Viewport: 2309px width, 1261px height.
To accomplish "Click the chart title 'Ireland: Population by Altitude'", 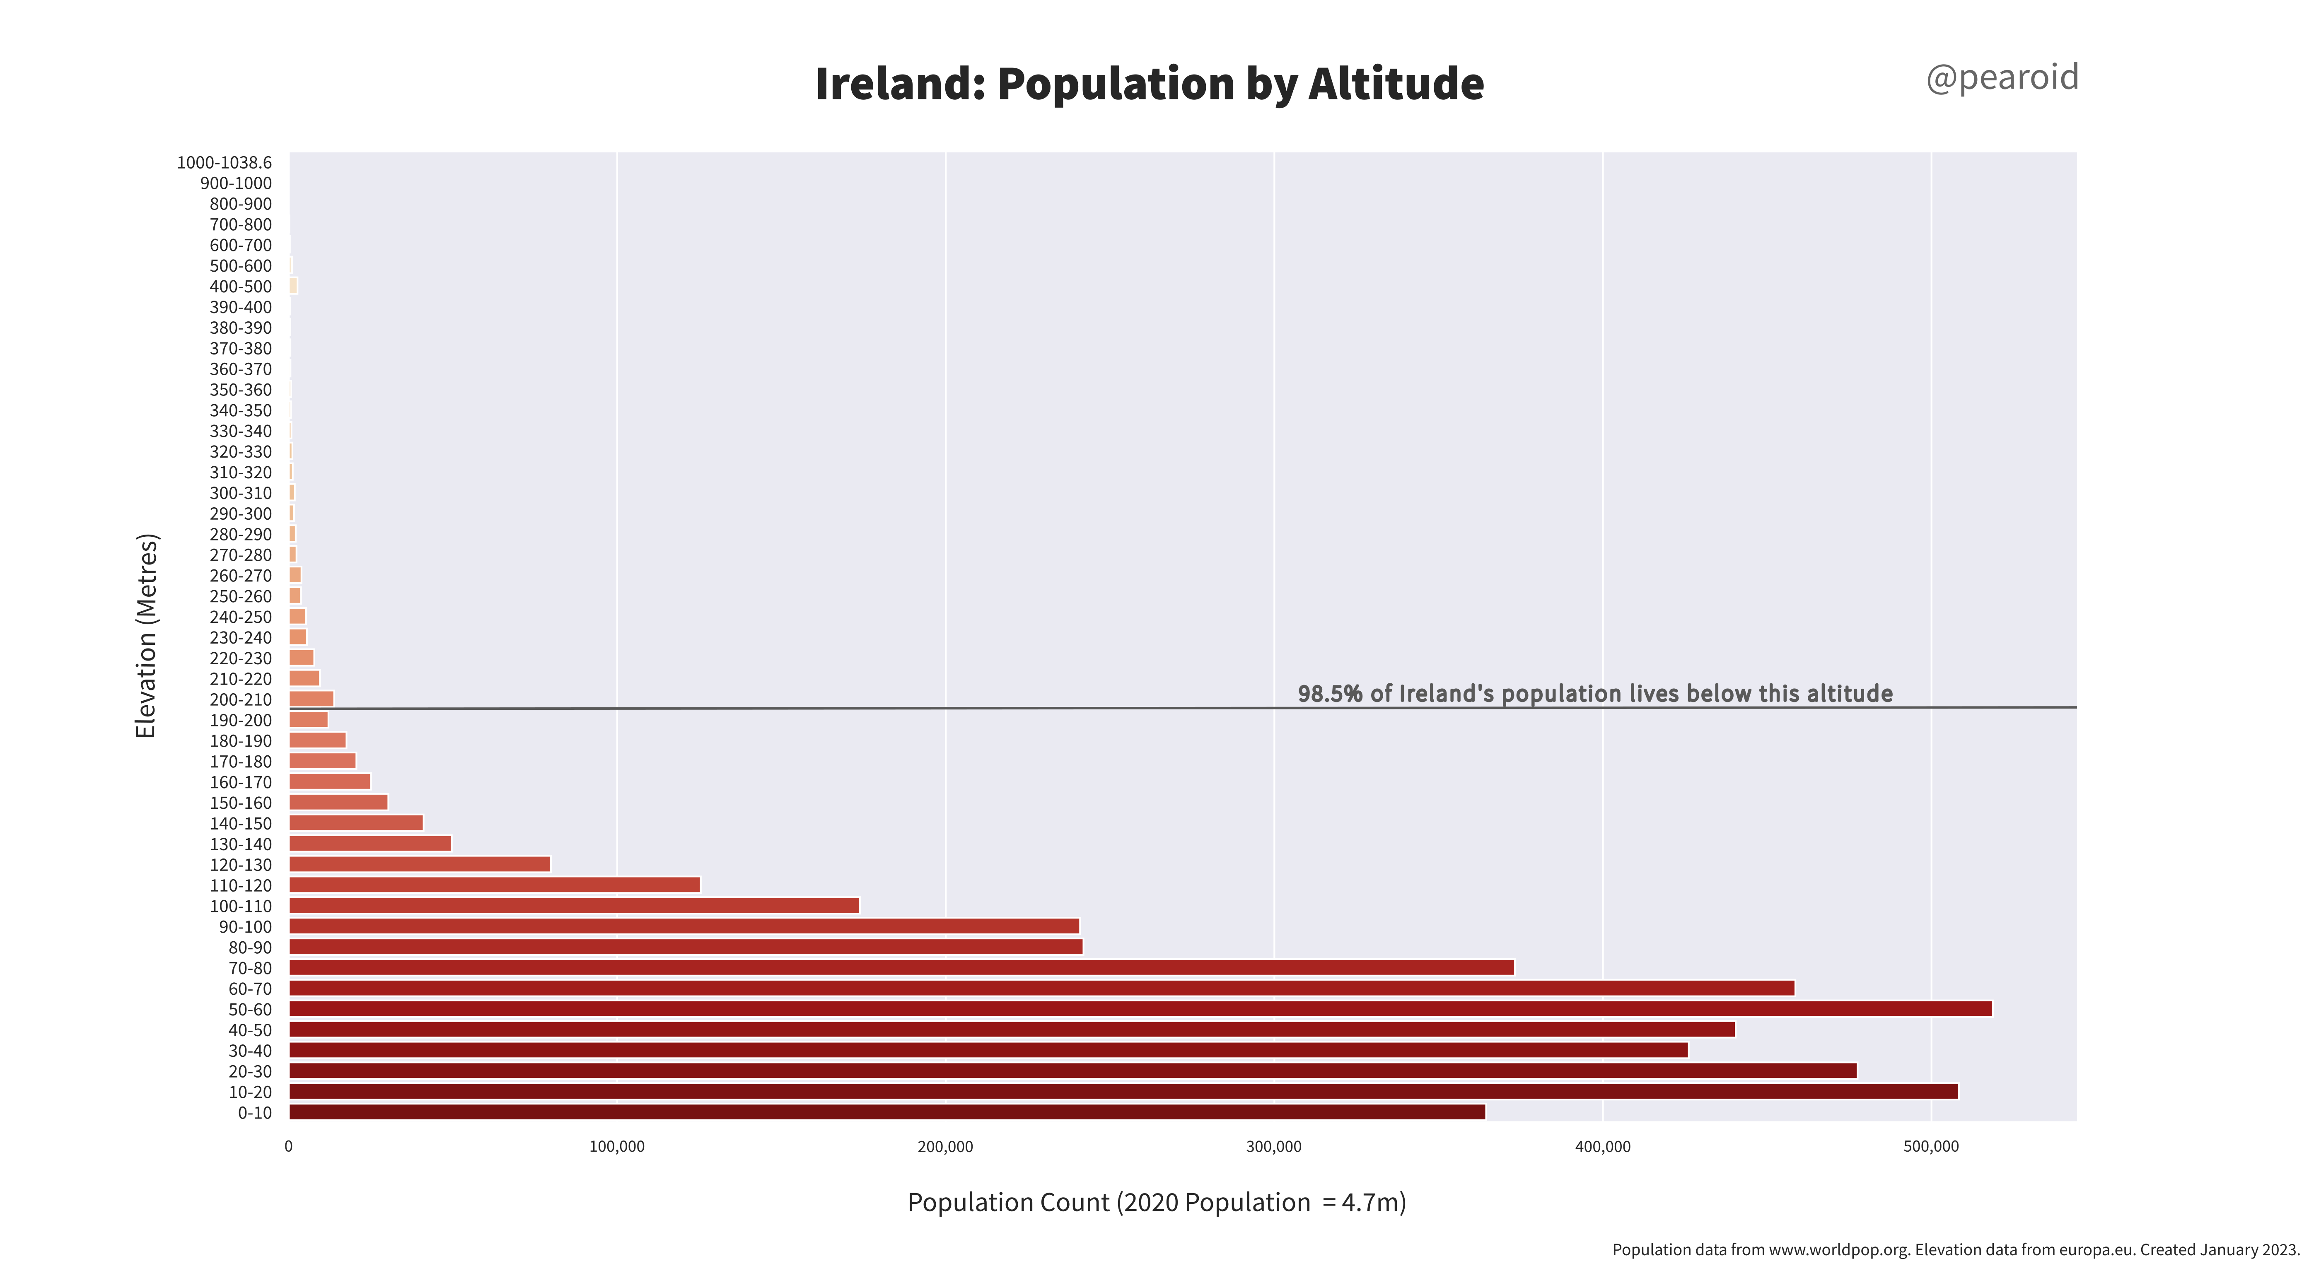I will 1149,83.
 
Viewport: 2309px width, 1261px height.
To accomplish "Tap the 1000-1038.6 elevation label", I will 224,162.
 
